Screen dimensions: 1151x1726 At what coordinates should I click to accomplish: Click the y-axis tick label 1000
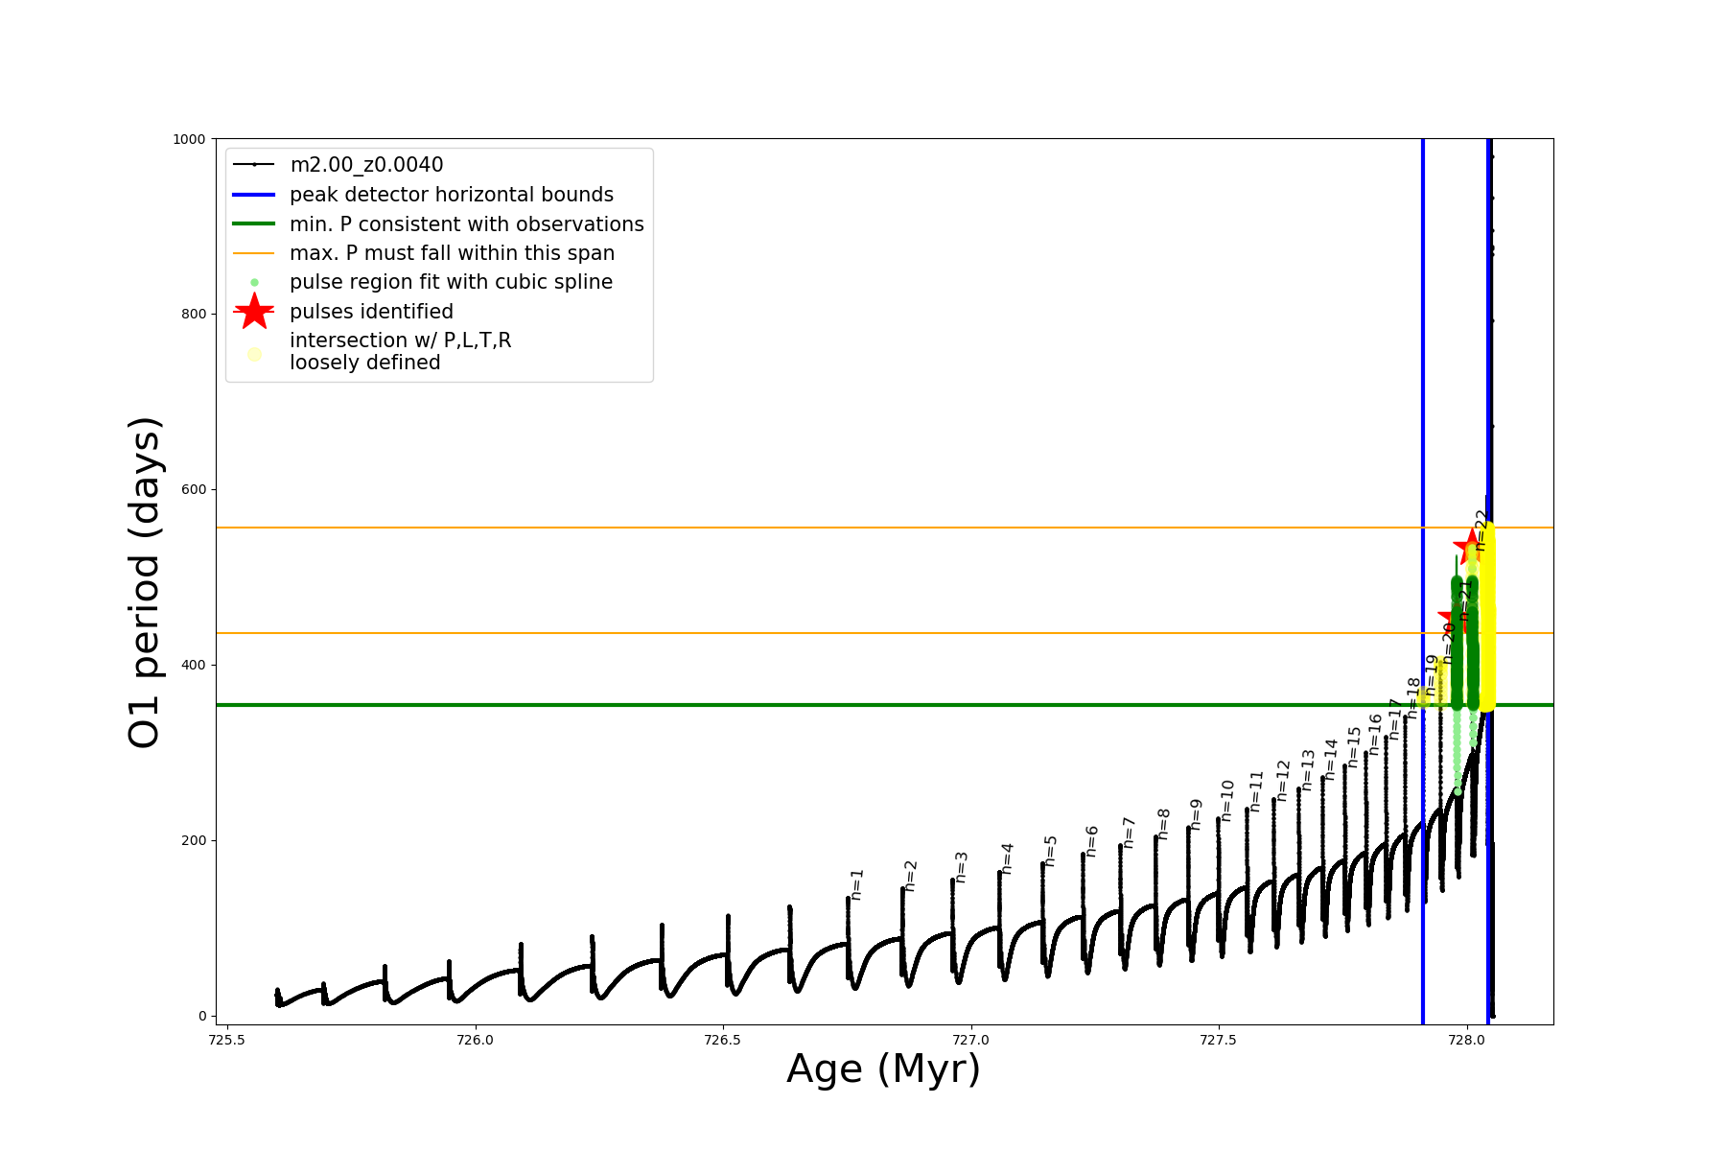coord(189,139)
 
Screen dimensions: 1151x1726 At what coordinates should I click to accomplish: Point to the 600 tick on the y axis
coord(194,489)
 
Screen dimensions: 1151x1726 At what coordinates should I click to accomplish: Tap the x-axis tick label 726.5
coord(723,1040)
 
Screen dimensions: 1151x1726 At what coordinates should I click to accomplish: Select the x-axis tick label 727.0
coord(971,1040)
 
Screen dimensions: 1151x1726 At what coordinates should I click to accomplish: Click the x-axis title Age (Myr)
coord(883,1069)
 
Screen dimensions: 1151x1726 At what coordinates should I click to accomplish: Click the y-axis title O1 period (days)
coord(146,582)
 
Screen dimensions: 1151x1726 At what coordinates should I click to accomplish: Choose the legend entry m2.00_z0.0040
coord(366,165)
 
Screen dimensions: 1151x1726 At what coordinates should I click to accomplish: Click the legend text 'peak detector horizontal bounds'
coord(451,195)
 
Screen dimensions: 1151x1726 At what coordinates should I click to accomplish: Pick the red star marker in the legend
coord(254,312)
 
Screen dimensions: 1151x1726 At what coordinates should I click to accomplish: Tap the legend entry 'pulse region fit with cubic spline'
coord(451,282)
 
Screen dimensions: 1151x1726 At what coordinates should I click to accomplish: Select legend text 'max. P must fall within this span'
coord(452,253)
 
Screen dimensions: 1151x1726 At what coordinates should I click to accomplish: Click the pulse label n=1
coord(857,884)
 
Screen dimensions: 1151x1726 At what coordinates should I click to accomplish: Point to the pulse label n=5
coord(1051,851)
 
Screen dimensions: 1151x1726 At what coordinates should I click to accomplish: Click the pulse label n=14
coord(1331,759)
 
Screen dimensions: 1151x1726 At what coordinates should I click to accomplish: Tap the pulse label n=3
coord(962,867)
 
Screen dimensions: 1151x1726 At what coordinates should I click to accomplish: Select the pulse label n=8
coord(1164,824)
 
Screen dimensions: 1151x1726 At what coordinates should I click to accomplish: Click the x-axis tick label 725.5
coord(226,1040)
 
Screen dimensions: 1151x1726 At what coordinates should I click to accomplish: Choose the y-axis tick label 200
coord(194,840)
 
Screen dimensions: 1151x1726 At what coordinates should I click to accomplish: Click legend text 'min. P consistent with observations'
coord(466,224)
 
